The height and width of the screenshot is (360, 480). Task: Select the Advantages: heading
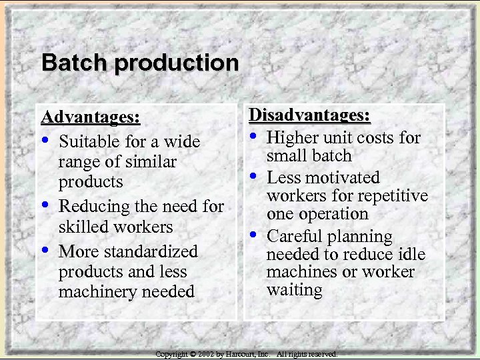(91, 117)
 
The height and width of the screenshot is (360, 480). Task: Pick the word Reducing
(91, 207)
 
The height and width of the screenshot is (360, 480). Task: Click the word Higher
(291, 137)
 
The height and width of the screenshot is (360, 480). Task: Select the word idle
(411, 254)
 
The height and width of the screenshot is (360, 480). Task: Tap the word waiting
(294, 290)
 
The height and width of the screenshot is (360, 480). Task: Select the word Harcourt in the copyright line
(238, 354)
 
